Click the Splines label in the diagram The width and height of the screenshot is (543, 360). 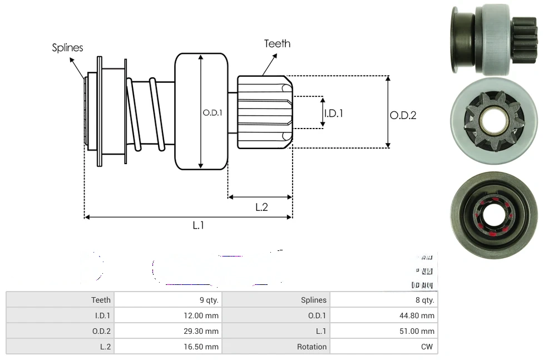click(x=67, y=48)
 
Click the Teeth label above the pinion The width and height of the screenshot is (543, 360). click(x=277, y=43)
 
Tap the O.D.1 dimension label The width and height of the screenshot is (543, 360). click(x=212, y=112)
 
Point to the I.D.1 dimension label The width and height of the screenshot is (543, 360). click(x=333, y=113)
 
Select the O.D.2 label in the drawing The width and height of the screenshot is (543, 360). click(x=403, y=115)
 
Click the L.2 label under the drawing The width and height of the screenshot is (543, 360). click(x=261, y=207)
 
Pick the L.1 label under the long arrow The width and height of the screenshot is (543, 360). click(x=199, y=225)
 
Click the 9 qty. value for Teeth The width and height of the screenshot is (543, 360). click(x=209, y=300)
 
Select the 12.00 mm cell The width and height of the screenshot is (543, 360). click(x=204, y=315)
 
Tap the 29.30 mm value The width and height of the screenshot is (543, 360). click(x=204, y=331)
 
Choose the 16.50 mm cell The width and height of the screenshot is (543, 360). click(x=204, y=347)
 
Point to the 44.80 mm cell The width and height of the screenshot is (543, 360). click(x=419, y=315)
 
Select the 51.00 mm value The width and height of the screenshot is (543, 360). click(x=419, y=331)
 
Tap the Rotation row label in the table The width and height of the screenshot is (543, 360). click(x=312, y=347)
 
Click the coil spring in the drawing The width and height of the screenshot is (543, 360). click(x=145, y=114)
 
